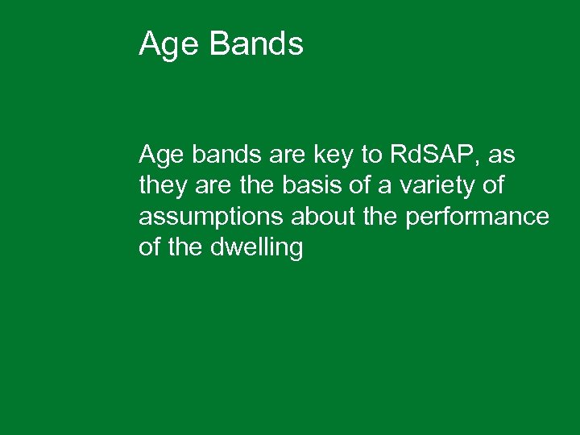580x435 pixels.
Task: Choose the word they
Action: [163, 186]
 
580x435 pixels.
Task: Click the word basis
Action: [302, 185]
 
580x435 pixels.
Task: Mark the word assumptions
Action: [212, 217]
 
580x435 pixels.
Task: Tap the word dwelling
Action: [257, 248]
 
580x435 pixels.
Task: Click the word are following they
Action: [212, 186]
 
